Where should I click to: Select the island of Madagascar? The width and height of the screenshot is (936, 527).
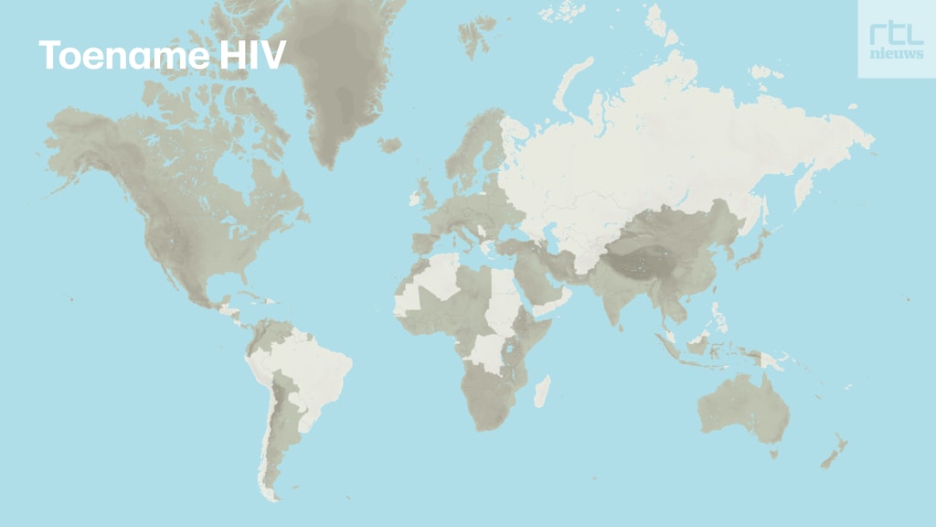tap(541, 391)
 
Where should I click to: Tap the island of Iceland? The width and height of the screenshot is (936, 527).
tap(389, 145)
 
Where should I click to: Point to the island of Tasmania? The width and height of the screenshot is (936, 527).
tap(773, 452)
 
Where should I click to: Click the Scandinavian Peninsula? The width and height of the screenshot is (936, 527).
tap(475, 146)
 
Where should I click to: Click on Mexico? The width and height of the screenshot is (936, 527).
tap(187, 287)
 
